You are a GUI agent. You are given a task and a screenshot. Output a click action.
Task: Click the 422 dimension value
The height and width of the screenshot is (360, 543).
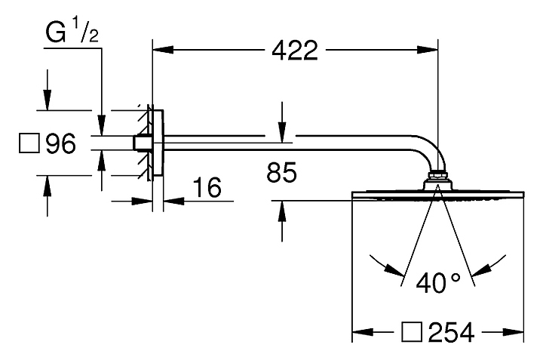tap(294, 51)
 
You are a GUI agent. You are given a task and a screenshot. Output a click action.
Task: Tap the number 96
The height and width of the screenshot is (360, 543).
tap(61, 143)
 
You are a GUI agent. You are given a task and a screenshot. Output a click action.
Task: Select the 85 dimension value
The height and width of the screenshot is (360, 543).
tap(281, 172)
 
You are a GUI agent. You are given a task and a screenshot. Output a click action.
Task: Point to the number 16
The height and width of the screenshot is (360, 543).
tap(207, 187)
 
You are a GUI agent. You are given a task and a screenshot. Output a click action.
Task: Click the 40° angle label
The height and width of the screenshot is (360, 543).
tap(438, 283)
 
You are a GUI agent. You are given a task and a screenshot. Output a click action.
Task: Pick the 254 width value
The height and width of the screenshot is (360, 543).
tap(451, 333)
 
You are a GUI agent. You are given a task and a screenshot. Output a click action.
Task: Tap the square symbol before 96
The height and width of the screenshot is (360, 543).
tap(29, 143)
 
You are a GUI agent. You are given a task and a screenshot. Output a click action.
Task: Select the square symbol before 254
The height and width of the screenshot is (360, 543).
tap(412, 332)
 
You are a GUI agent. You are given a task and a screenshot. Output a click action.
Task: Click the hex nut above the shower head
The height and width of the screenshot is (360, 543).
tap(437, 175)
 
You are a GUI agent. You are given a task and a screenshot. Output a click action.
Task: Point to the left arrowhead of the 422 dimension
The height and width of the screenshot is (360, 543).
tap(163, 50)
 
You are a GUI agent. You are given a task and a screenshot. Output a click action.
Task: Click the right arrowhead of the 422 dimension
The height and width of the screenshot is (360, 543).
tap(428, 50)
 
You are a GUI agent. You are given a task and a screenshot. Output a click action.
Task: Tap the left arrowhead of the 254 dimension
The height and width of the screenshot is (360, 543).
tap(363, 332)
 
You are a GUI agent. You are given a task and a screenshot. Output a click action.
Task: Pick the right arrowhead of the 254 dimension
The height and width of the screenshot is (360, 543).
tap(514, 332)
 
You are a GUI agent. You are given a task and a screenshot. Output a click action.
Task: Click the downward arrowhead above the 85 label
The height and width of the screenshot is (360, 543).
tap(282, 132)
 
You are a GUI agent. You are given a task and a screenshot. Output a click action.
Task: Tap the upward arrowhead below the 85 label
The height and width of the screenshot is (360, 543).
tap(282, 211)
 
